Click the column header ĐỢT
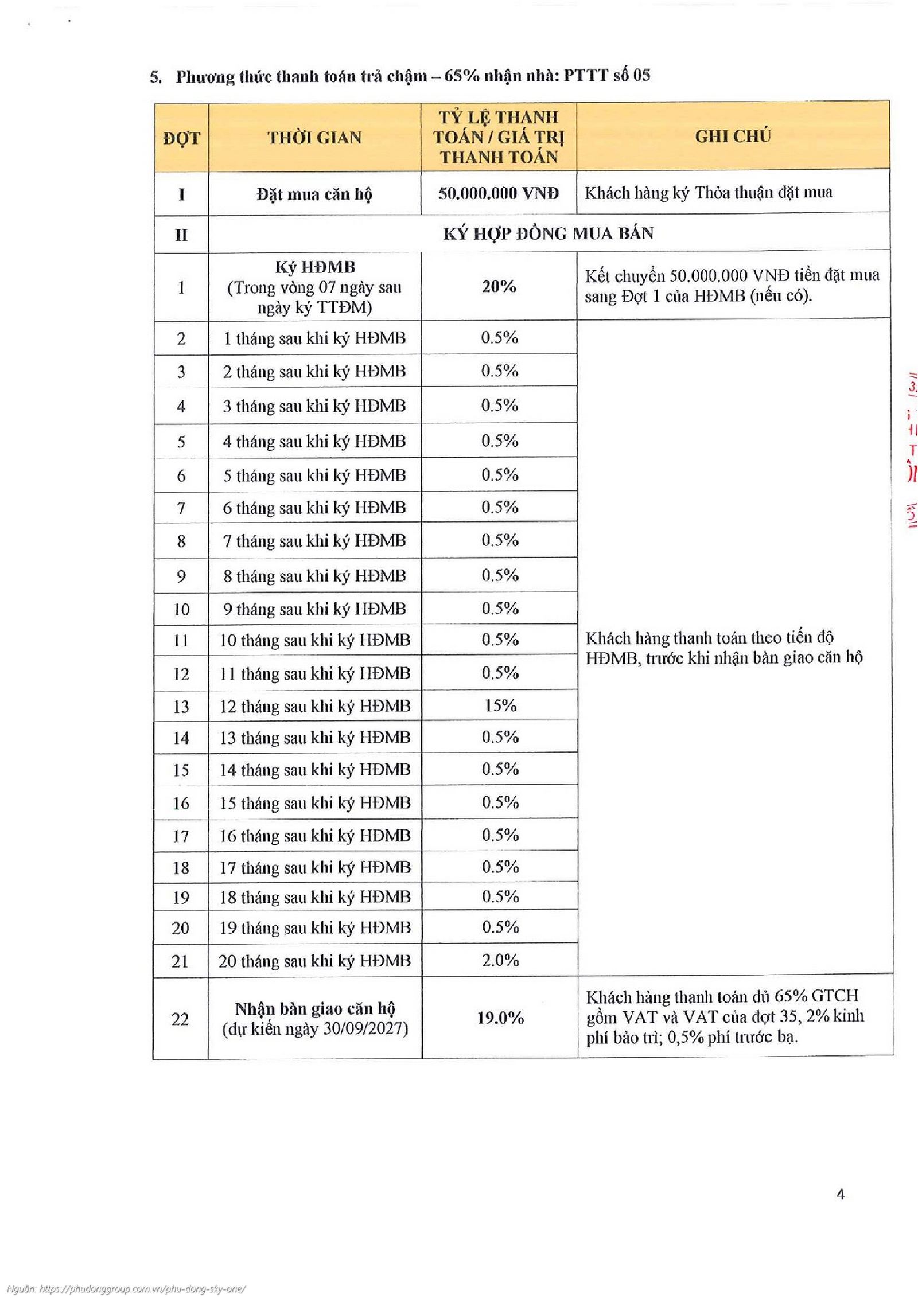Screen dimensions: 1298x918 point(181,138)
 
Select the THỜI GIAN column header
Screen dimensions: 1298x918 point(314,138)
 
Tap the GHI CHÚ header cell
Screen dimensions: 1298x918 point(733,137)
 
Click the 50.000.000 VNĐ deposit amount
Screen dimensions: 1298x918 point(498,193)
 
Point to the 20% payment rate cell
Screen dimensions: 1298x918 point(499,286)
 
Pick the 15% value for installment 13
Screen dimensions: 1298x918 point(500,705)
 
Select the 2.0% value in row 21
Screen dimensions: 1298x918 point(500,960)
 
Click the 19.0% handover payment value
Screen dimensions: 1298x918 point(500,1018)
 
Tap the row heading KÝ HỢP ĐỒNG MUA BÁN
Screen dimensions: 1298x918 point(548,233)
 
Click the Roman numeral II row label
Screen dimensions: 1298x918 point(181,235)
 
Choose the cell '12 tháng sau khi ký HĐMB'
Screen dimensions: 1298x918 point(315,706)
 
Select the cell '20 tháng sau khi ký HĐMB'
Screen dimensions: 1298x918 point(314,961)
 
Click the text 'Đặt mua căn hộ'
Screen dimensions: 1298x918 point(314,194)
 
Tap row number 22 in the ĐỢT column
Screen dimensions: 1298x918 point(180,1019)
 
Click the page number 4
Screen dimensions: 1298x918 point(841,1195)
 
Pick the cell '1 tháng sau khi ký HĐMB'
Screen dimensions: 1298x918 point(314,338)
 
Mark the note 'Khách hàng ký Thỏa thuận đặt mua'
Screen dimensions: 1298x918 point(708,193)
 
